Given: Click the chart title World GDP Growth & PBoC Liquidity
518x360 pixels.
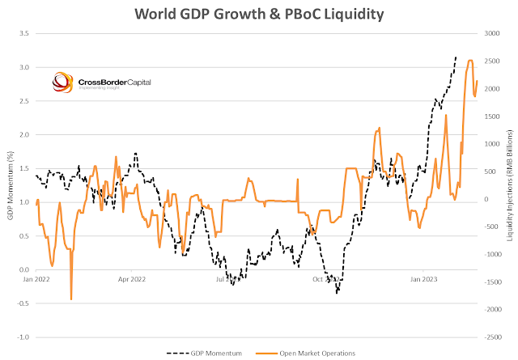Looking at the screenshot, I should click(x=259, y=14).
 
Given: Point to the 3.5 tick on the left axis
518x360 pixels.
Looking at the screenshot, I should click(x=23, y=34).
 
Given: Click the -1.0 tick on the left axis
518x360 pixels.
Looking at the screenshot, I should click(x=23, y=337).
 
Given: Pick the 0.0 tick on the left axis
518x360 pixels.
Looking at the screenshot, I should click(x=24, y=269).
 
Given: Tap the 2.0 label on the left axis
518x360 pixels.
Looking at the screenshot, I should click(x=24, y=135).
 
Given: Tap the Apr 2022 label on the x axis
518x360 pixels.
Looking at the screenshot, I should click(x=132, y=279).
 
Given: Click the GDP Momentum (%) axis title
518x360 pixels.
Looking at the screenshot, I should click(x=10, y=185).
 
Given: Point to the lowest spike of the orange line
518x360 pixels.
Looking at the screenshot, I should click(x=71, y=299).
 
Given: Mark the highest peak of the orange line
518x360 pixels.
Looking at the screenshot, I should click(x=470, y=61).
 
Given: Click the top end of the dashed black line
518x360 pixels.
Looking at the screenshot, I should click(x=456, y=57).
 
